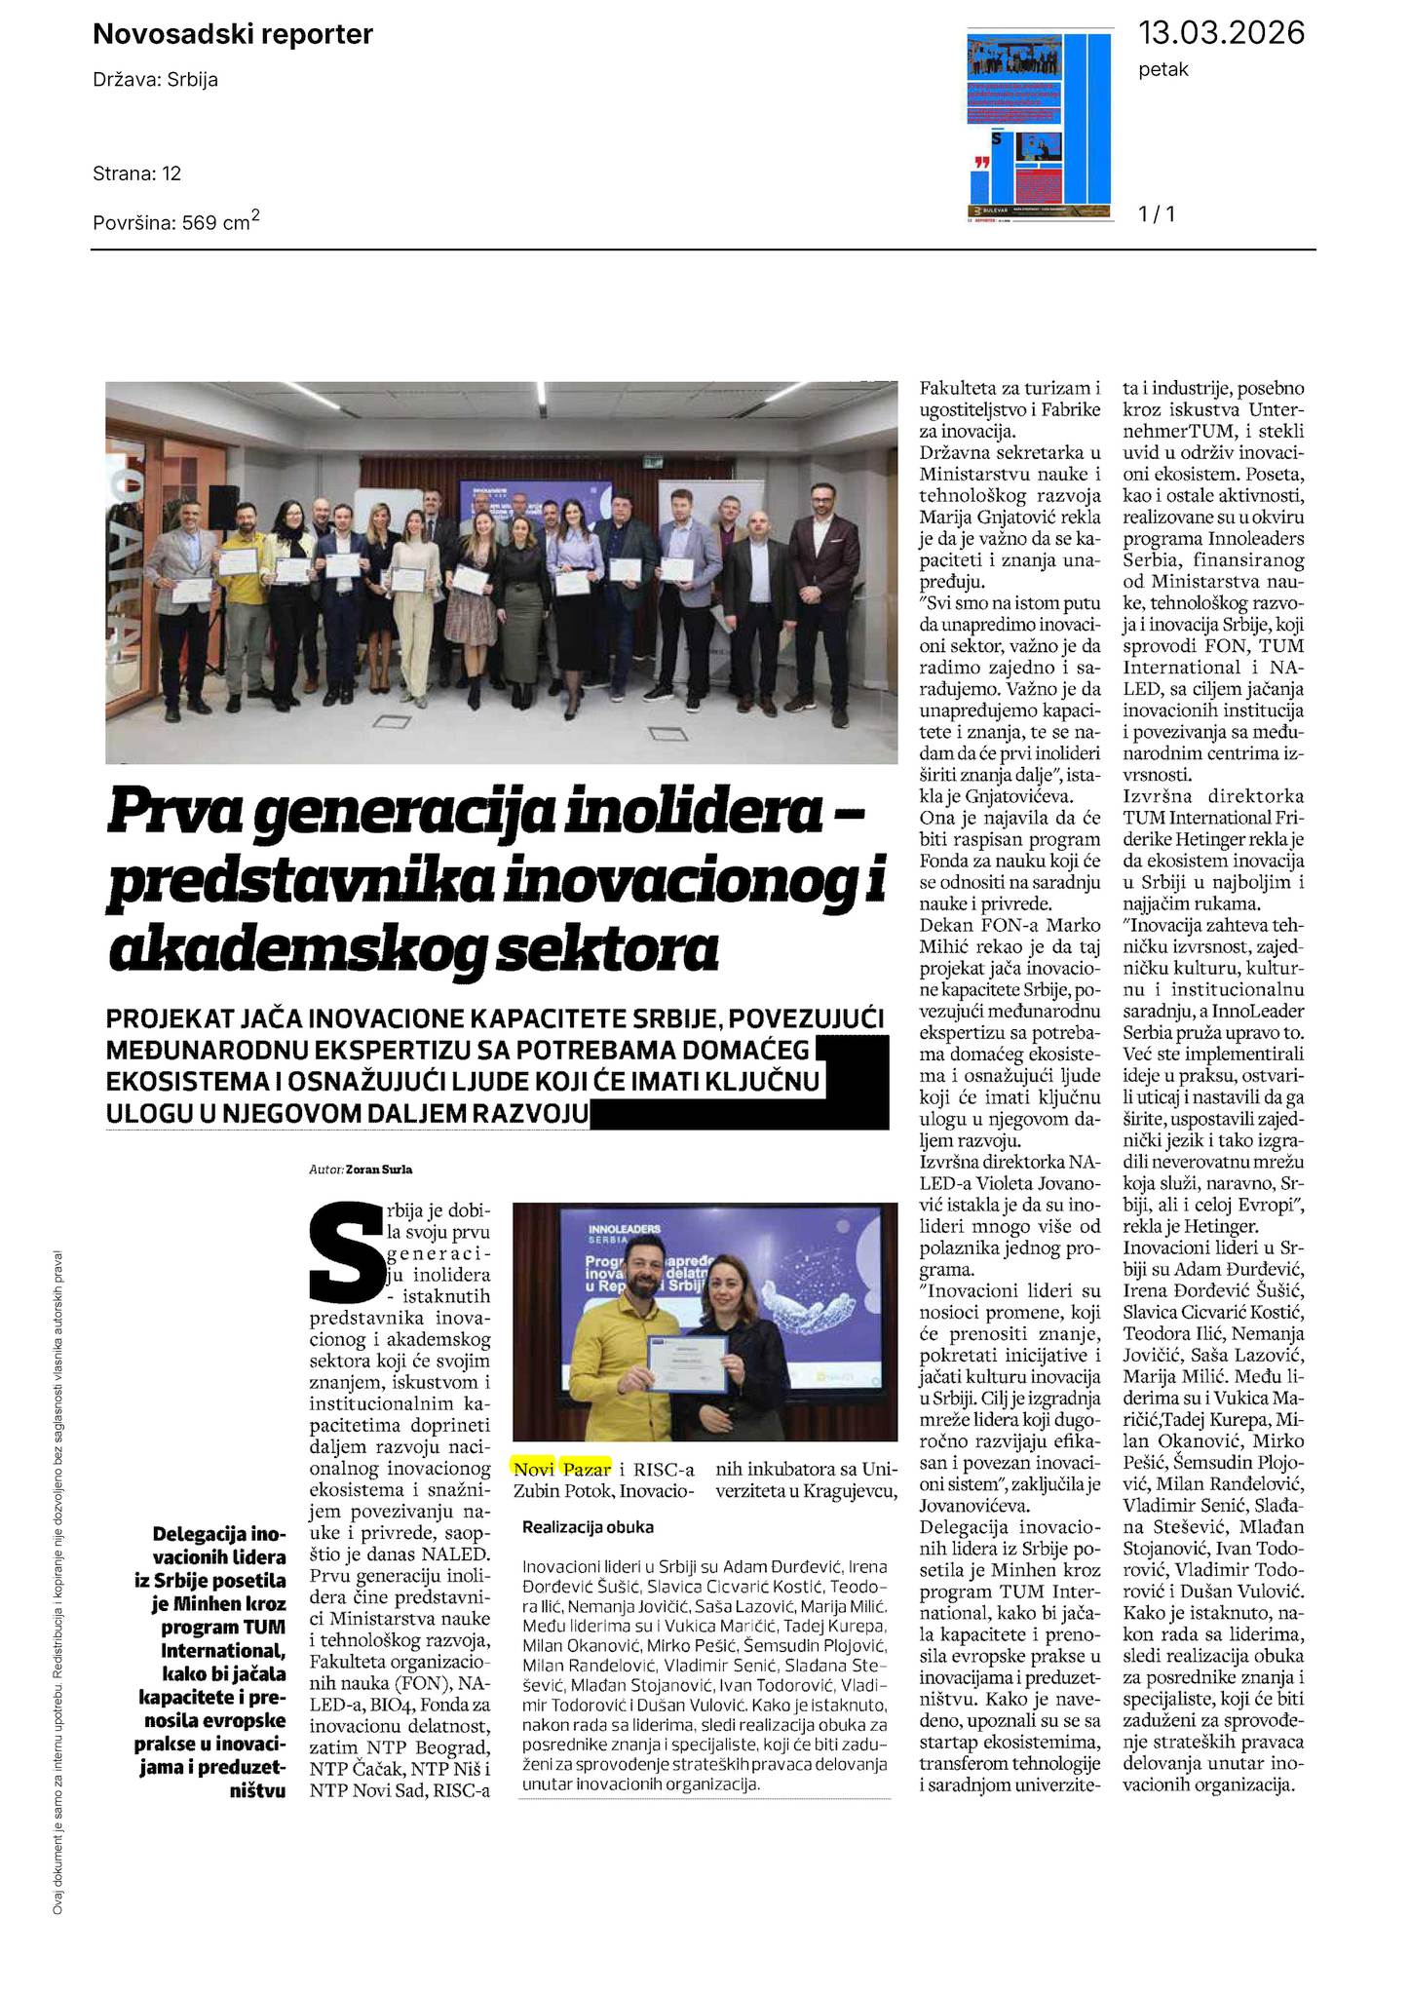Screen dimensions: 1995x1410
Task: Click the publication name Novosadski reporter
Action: pyautogui.click(x=232, y=35)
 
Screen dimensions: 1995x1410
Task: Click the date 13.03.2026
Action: pyautogui.click(x=1221, y=33)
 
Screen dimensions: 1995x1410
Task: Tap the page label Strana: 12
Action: pyautogui.click(x=137, y=174)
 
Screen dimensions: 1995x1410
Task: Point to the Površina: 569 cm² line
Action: pyautogui.click(x=175, y=221)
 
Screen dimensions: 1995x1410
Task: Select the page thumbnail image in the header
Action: pyautogui.click(x=1040, y=126)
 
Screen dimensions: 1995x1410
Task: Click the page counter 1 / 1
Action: pyautogui.click(x=1157, y=213)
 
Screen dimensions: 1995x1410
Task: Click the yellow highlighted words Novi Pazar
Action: pyautogui.click(x=562, y=1469)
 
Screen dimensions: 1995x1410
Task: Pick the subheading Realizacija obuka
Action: pyautogui.click(x=588, y=1527)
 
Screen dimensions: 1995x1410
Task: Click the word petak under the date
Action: pyautogui.click(x=1163, y=70)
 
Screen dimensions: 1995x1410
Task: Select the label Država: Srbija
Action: pyautogui.click(x=155, y=80)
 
